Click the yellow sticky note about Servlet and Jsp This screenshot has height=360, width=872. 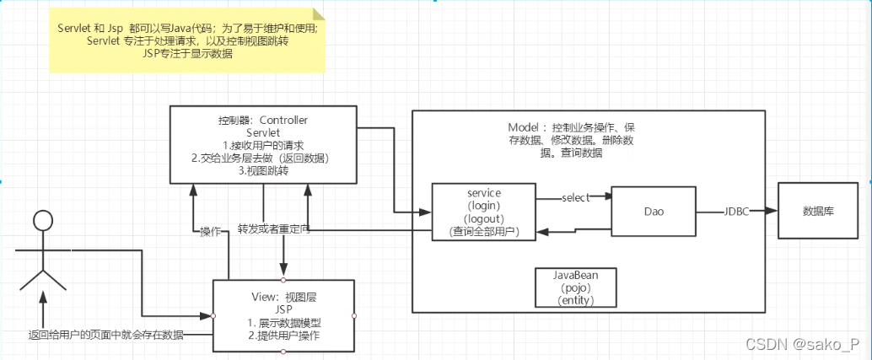187,40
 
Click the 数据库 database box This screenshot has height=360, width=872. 817,211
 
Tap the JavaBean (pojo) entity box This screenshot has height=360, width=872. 576,287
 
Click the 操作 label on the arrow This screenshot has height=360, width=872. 211,231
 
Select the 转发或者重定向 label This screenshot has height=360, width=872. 272,228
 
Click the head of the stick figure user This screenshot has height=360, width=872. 42,222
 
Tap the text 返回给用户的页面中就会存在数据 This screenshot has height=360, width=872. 106,335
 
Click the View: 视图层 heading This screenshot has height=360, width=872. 283,296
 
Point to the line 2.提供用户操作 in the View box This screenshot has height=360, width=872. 283,335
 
